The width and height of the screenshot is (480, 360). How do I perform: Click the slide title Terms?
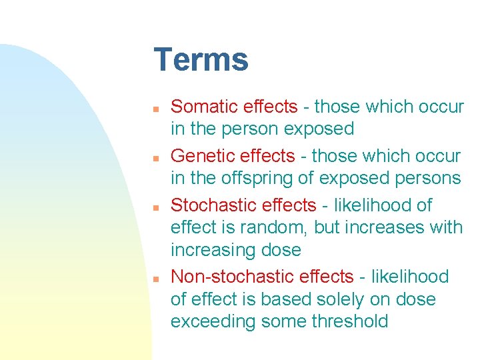tap(201, 60)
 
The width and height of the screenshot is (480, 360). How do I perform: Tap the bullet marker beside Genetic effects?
tap(155, 157)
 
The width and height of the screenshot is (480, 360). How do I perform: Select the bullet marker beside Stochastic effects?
tap(155, 207)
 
